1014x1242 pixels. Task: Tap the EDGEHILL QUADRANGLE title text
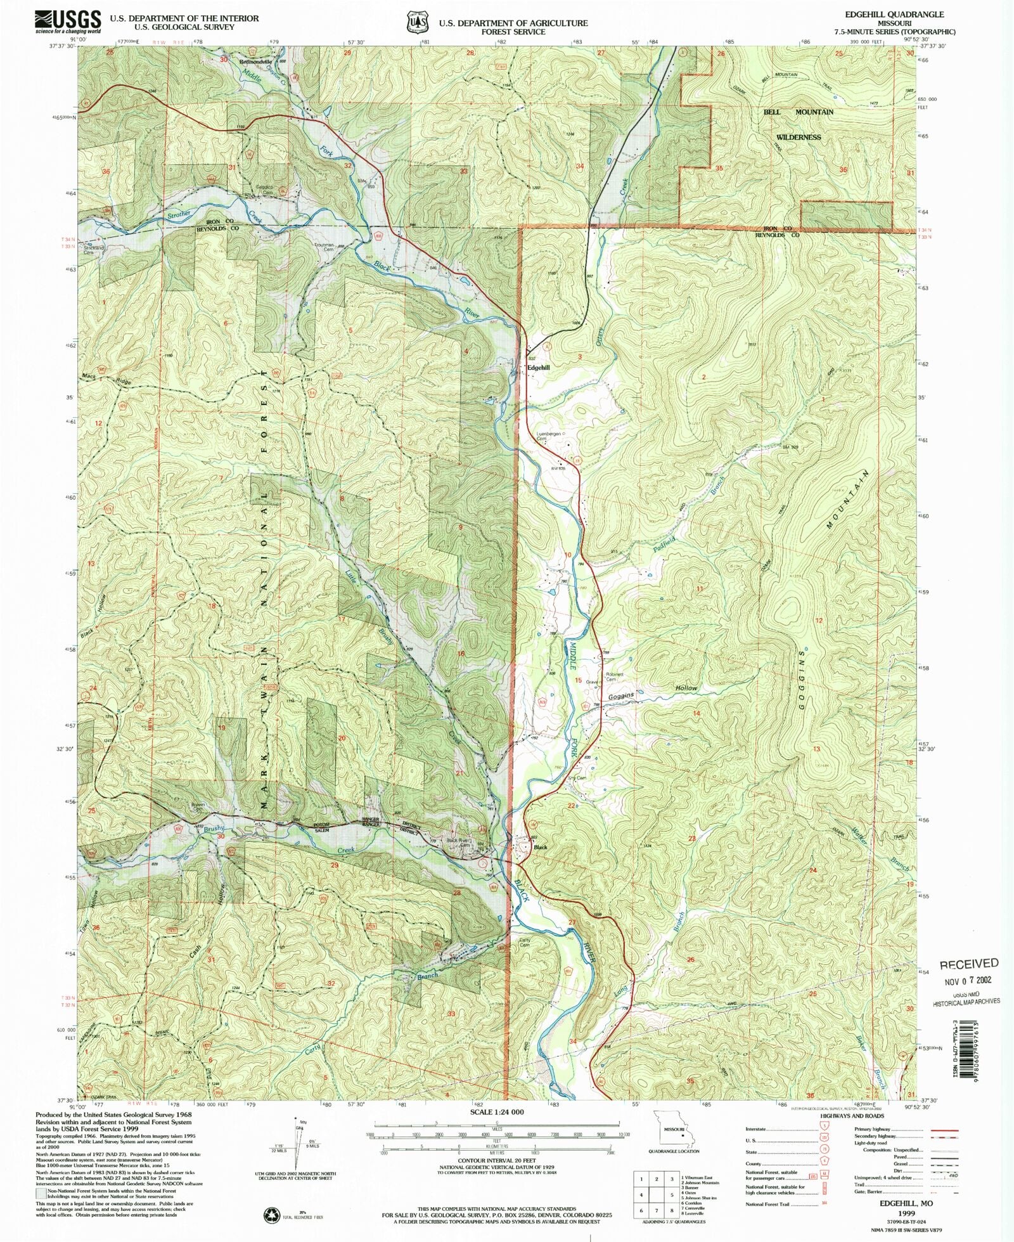[x=902, y=14]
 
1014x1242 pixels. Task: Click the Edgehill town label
[x=539, y=368]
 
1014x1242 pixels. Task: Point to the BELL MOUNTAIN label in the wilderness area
[x=798, y=112]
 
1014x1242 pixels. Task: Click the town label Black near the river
[x=540, y=847]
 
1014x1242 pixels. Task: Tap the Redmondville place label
[x=255, y=62]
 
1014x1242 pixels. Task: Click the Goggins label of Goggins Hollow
[x=621, y=696]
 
